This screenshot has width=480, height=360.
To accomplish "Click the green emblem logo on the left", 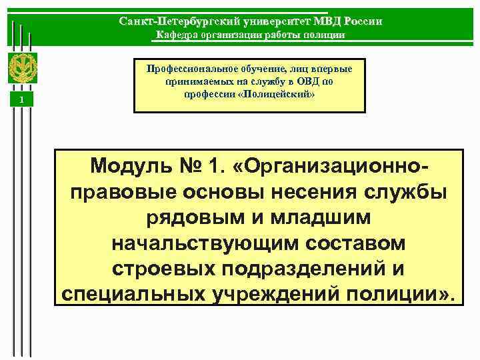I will click(22, 67).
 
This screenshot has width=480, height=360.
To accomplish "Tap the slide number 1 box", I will click(22, 99).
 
